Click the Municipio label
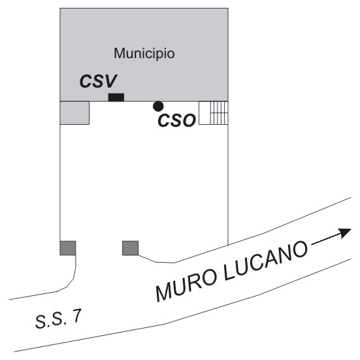pos(144,54)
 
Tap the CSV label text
pos(98,81)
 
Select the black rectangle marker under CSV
pos(116,97)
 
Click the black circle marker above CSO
pos(158,106)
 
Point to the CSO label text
pos(177,121)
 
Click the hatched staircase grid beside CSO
pos(220,113)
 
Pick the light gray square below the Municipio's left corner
pos(74,113)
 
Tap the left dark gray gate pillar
pos(68,248)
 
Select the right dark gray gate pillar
pos(131,248)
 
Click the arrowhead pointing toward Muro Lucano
pos(345,233)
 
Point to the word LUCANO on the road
pos(266,261)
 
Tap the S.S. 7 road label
pos(58,318)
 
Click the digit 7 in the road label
pos(76,316)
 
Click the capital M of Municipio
pos(120,54)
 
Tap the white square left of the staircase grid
pos(205,113)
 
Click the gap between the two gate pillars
pos(99,248)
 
